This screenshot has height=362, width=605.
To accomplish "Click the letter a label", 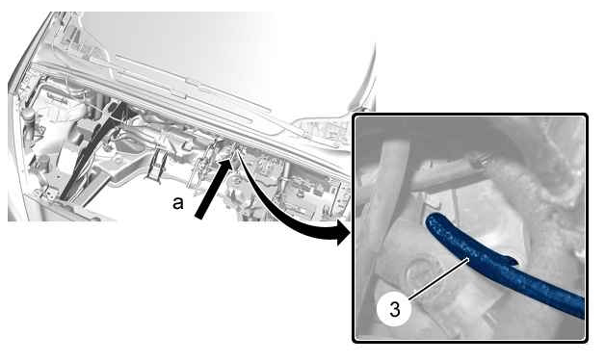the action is tap(177, 203).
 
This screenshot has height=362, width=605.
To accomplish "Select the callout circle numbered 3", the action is tap(394, 309).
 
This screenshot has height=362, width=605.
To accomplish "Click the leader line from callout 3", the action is tap(438, 279).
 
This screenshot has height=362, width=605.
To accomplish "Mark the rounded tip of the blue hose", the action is tap(429, 220).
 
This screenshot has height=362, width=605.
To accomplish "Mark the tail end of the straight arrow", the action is tap(199, 217).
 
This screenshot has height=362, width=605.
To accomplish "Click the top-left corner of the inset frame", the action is tap(354, 115).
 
